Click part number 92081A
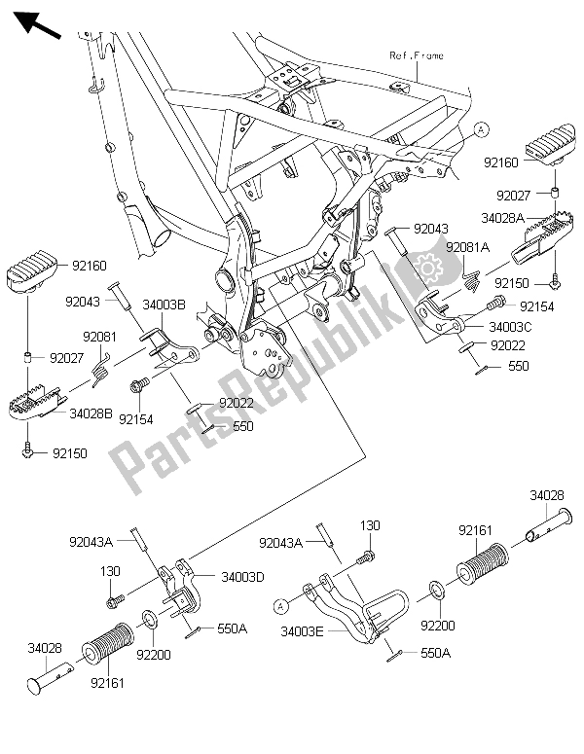coord(466,247)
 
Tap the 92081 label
coord(98,337)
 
